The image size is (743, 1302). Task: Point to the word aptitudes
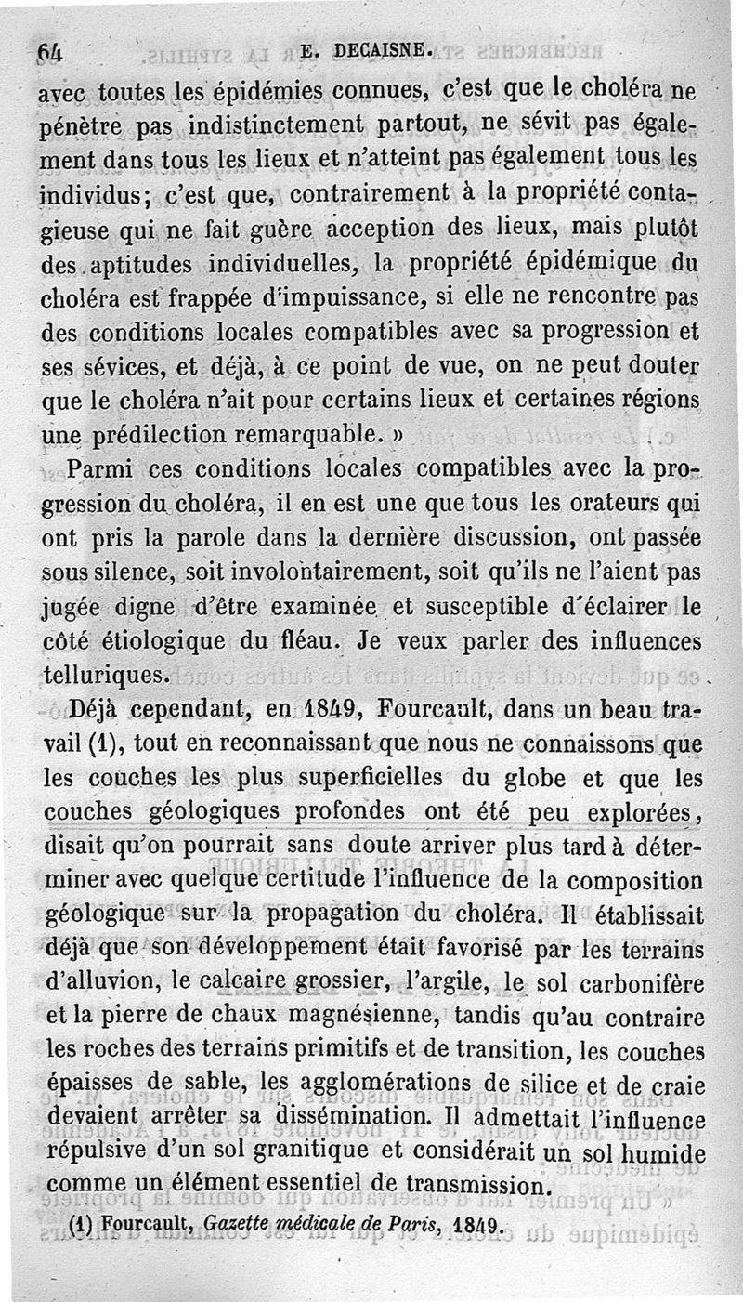[x=142, y=264]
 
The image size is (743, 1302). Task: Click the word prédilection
[x=154, y=435]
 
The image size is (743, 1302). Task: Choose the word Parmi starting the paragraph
[x=103, y=470]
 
